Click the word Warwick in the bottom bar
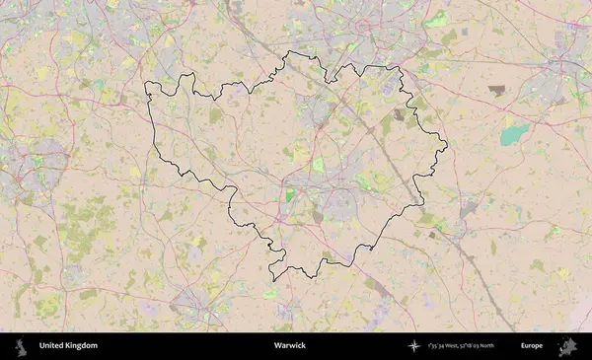tap(290, 346)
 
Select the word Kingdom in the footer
tap(83, 346)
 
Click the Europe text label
tap(532, 346)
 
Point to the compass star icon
tap(413, 346)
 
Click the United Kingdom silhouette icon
tap(20, 346)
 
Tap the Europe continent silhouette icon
tap(567, 346)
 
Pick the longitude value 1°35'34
tap(437, 346)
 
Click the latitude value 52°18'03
tap(478, 346)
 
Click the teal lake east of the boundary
tap(513, 134)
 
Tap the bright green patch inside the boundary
tap(290, 195)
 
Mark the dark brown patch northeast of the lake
tap(496, 90)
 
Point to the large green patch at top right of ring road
tap(437, 19)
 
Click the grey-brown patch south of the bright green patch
tap(317, 214)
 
